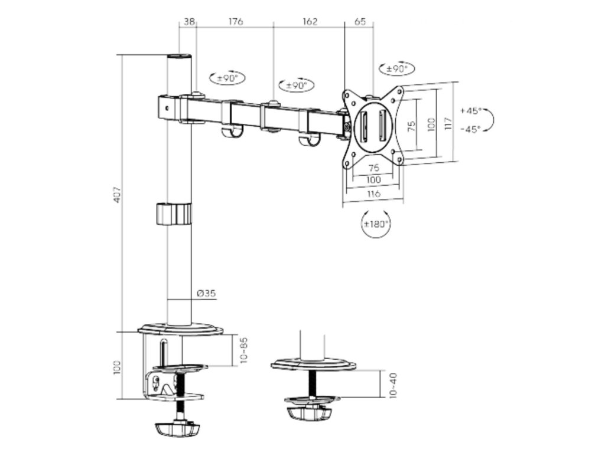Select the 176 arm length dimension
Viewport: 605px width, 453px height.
[235, 22]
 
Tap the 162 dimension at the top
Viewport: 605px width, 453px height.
[310, 22]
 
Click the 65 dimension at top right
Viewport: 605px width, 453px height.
[359, 22]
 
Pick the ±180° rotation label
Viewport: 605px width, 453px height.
[376, 224]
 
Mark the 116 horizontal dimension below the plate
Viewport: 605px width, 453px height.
[372, 193]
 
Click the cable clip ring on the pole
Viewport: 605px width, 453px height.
[174, 214]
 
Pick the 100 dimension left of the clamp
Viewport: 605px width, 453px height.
[118, 366]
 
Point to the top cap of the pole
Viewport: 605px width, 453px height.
[180, 58]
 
